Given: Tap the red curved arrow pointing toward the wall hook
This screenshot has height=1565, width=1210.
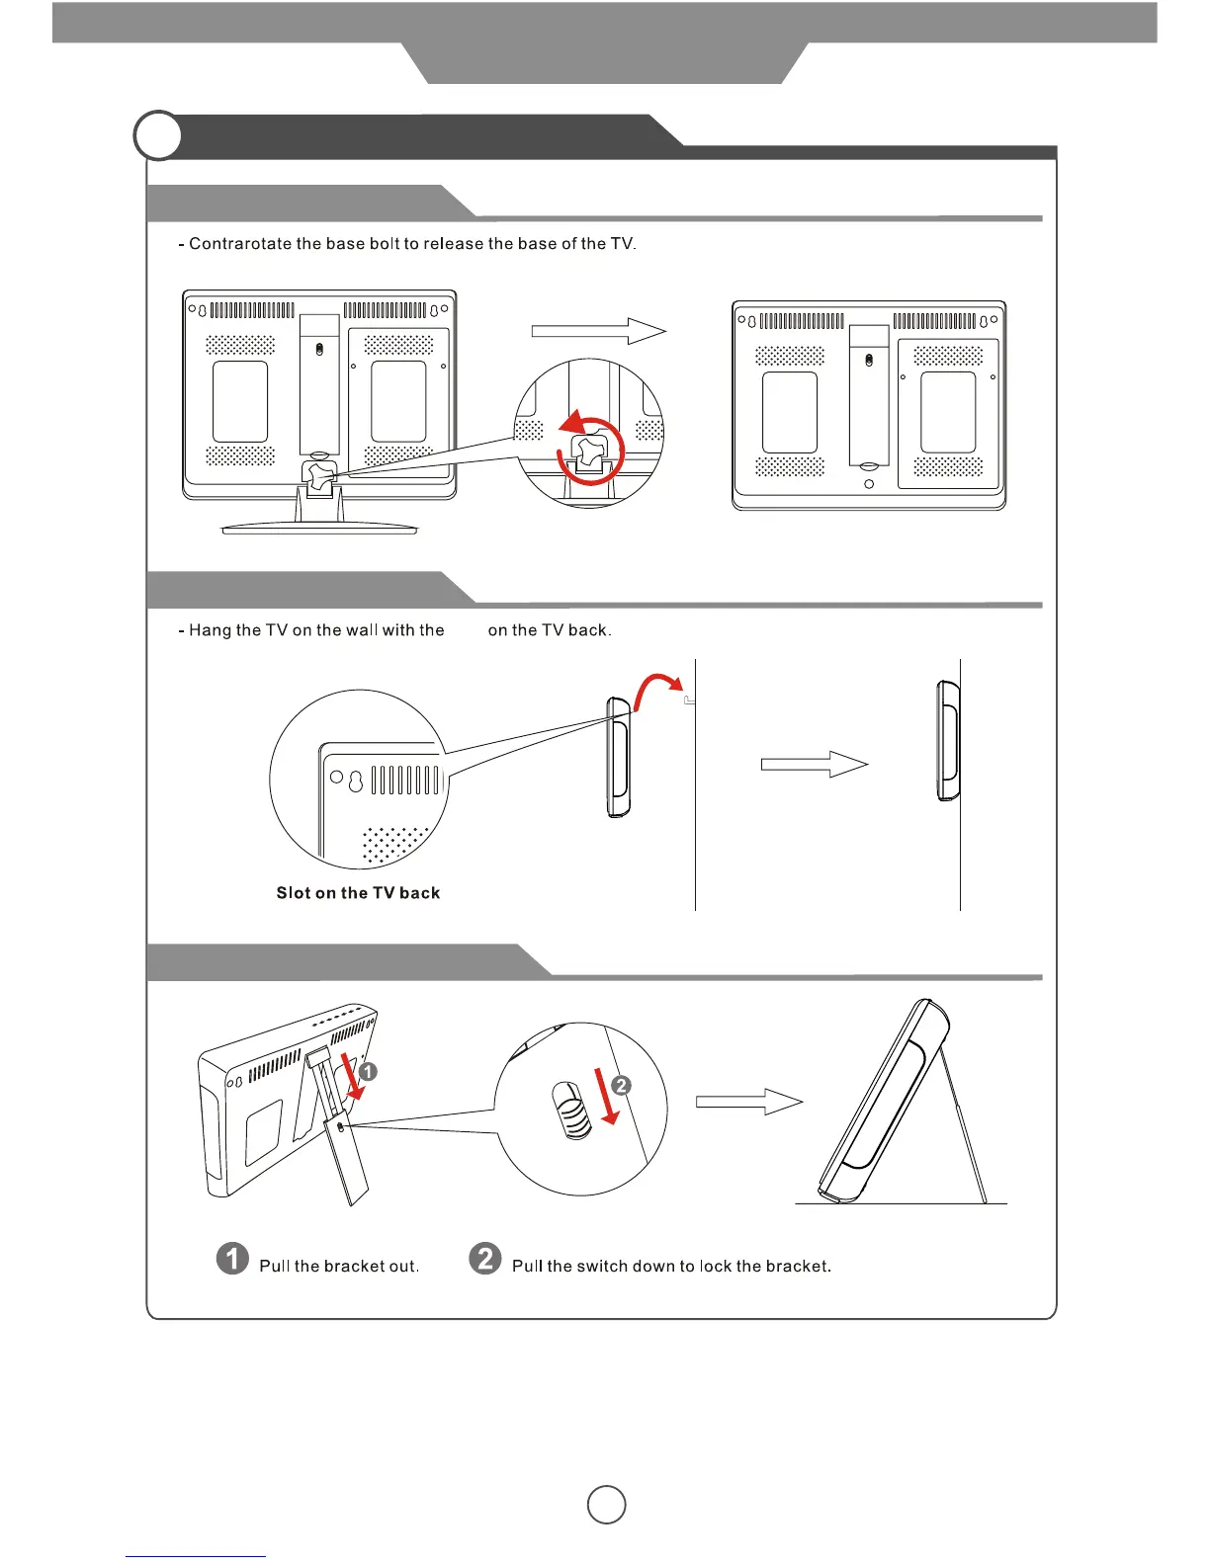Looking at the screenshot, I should click(x=654, y=688).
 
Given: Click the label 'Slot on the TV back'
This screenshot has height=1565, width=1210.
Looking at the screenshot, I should click(x=358, y=893).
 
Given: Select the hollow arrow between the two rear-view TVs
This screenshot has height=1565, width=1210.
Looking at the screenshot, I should click(x=598, y=332).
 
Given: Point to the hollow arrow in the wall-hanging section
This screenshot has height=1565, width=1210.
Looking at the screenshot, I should click(x=814, y=764).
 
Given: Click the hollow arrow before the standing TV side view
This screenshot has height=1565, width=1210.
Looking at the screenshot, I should click(x=748, y=1103).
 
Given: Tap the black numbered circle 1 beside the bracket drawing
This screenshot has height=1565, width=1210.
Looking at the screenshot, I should click(x=368, y=1072).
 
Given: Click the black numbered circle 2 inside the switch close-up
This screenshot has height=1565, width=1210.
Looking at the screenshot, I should click(x=621, y=1086).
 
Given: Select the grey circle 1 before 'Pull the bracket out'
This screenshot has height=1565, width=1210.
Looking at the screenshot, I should click(x=233, y=1259).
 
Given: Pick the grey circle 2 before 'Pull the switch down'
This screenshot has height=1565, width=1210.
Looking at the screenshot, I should click(x=485, y=1259).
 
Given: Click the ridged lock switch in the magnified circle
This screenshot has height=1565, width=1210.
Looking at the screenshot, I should click(x=570, y=1110).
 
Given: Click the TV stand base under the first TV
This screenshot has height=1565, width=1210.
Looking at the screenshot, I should click(x=319, y=529).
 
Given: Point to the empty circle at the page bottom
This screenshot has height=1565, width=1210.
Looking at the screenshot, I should click(x=606, y=1504).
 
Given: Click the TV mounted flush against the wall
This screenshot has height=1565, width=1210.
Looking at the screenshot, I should click(x=948, y=741).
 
